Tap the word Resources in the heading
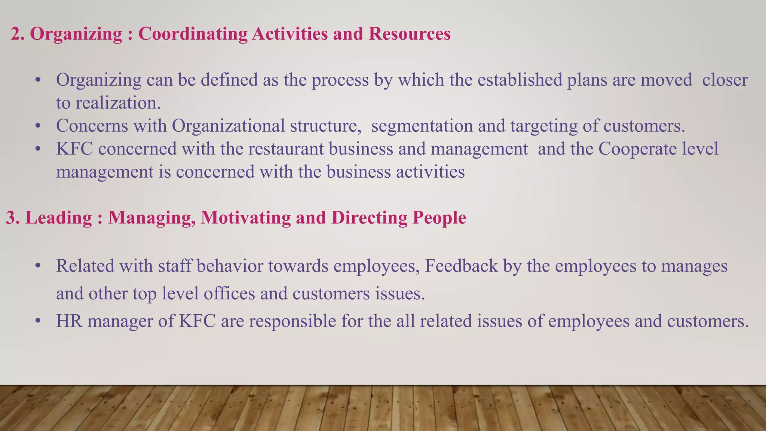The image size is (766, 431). (410, 34)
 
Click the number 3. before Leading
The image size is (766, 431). (13, 218)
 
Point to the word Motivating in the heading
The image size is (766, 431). (245, 218)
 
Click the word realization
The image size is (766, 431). (118, 103)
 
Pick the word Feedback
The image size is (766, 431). (461, 266)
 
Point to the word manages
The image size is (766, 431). (694, 266)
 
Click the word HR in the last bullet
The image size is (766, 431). (69, 321)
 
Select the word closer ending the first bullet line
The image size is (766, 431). (724, 80)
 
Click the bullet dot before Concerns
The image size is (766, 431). (37, 126)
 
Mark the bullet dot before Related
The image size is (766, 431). (37, 267)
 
